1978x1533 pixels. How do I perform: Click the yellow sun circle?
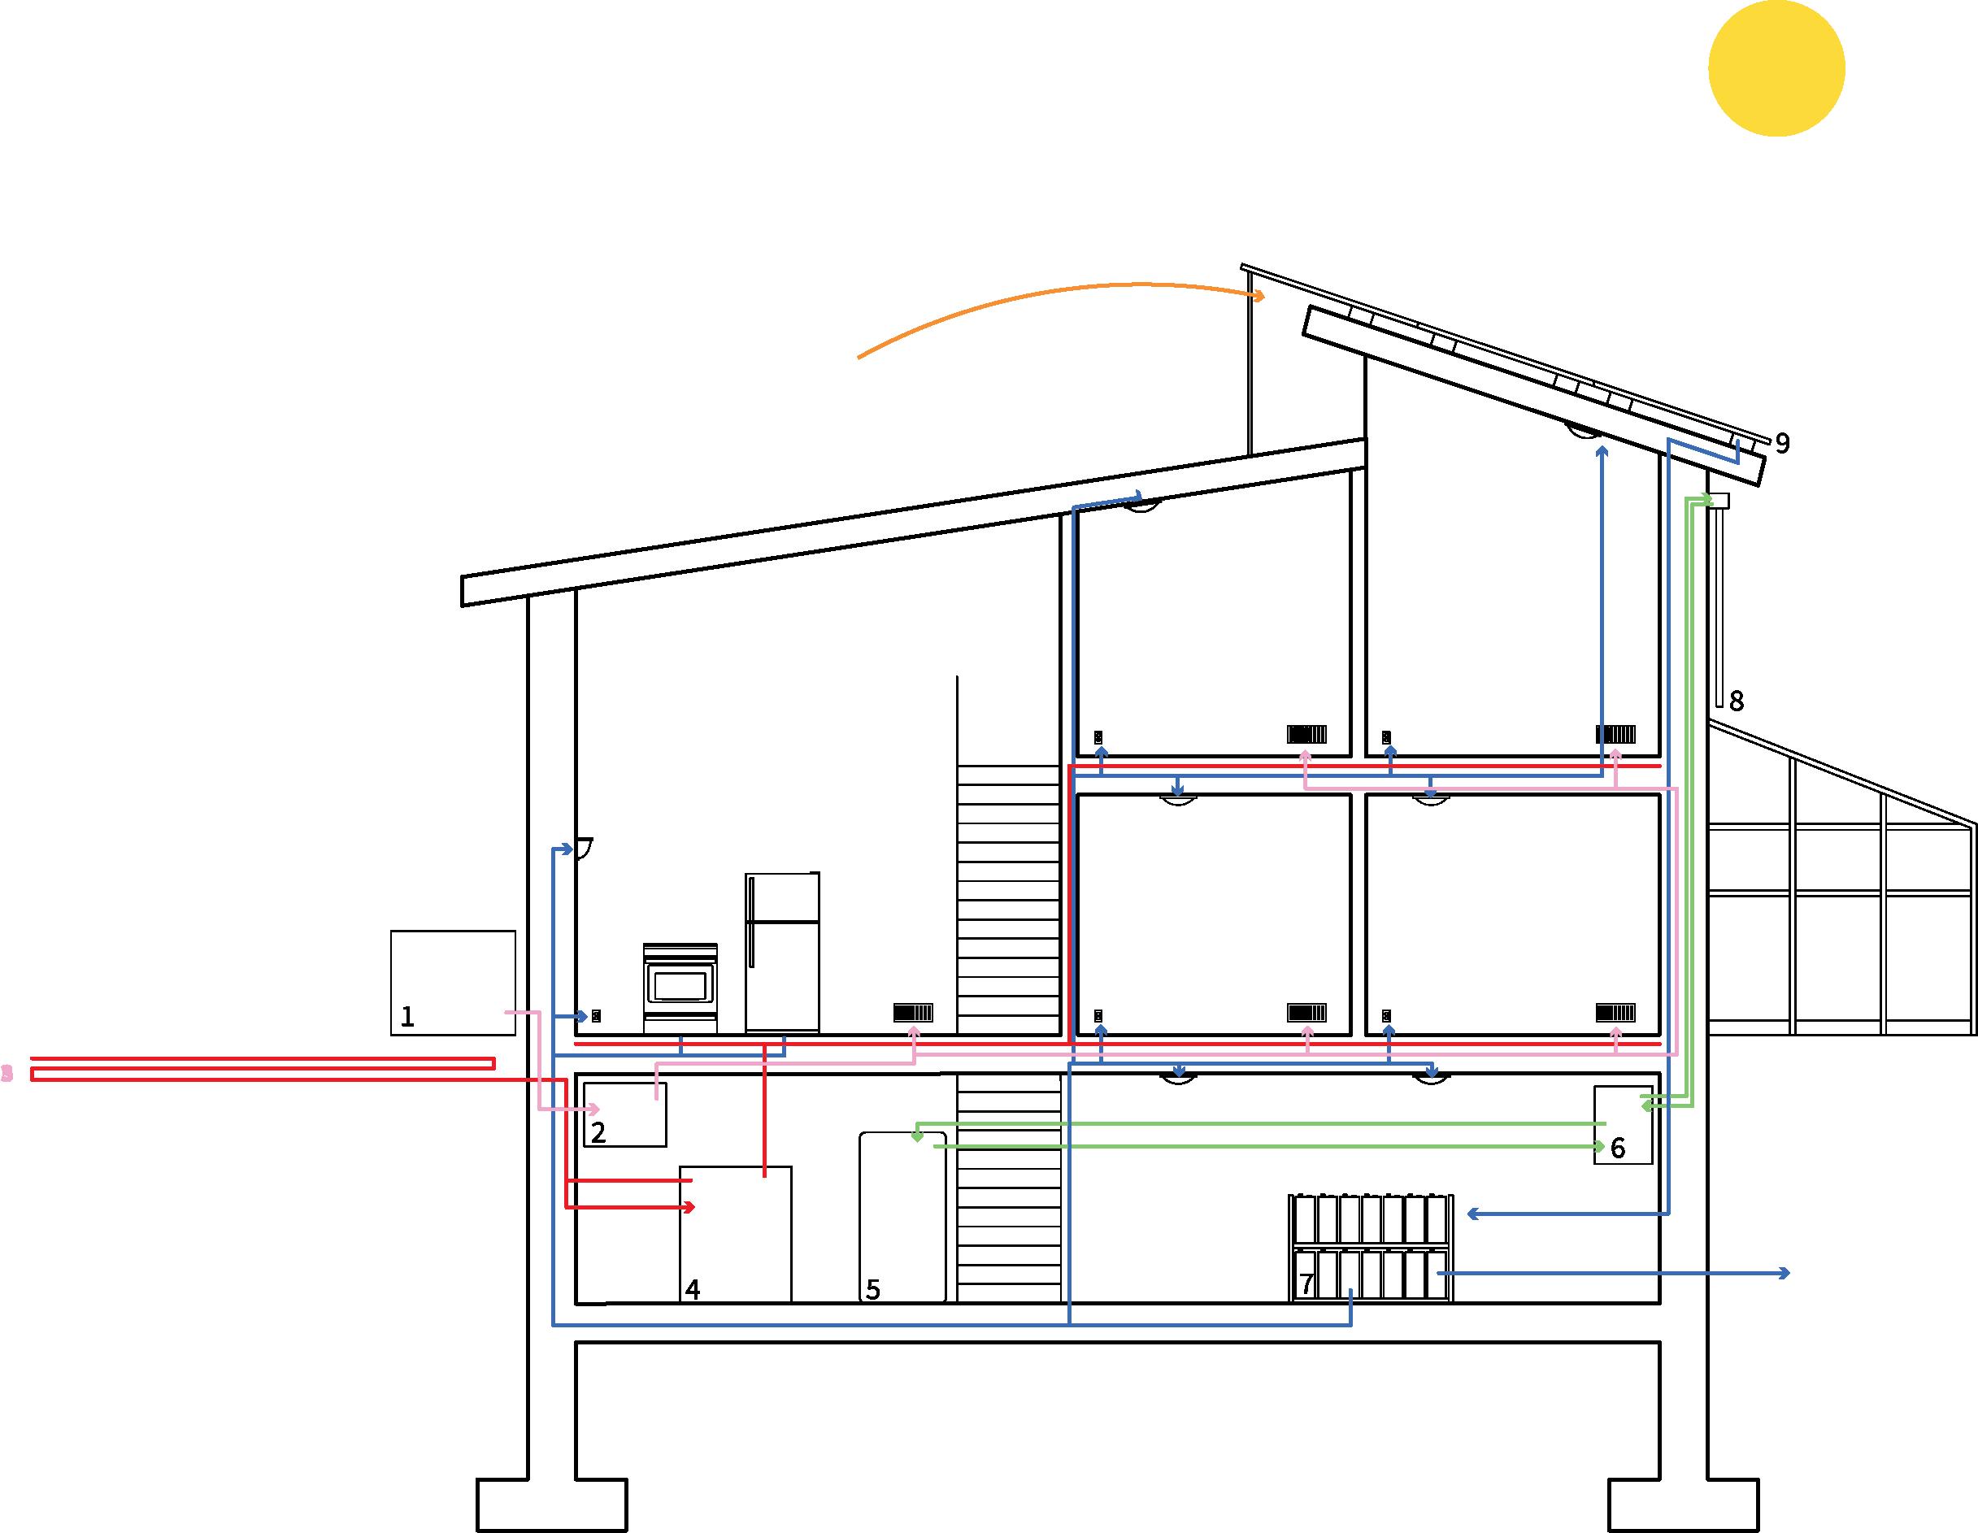1776,69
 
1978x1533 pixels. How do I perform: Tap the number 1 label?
407,1017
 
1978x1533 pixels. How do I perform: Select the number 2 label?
598,1131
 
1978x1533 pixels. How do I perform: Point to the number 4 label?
693,1288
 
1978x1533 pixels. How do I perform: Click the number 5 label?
873,1288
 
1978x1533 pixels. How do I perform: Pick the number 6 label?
1618,1149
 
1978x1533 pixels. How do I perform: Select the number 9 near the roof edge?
1782,443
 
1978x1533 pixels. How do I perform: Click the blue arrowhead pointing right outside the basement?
1785,1273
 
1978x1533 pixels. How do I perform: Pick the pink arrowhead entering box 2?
594,1110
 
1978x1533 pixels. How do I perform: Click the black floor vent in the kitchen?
913,1012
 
